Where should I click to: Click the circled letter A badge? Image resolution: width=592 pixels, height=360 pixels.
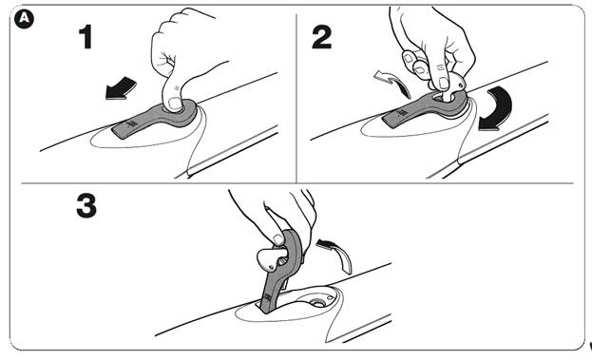point(24,19)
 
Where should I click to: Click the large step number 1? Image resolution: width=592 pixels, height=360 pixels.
point(86,37)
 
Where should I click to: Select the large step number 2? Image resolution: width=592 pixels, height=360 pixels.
point(322,37)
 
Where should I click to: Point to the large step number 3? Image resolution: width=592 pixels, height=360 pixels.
point(86,206)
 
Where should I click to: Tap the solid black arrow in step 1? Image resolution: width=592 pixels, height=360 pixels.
point(121,89)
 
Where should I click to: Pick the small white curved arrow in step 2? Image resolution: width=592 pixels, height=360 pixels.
point(392,84)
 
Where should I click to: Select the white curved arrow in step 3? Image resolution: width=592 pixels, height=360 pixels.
point(337,255)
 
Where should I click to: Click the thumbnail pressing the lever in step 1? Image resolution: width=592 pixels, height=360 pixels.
point(175,103)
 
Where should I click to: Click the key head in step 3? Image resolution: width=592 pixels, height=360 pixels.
point(270,259)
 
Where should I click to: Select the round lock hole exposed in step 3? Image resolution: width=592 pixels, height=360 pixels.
point(318,303)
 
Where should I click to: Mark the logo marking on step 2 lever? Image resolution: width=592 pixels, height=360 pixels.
point(402,113)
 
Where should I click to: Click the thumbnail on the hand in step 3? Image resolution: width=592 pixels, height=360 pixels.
point(278,239)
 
